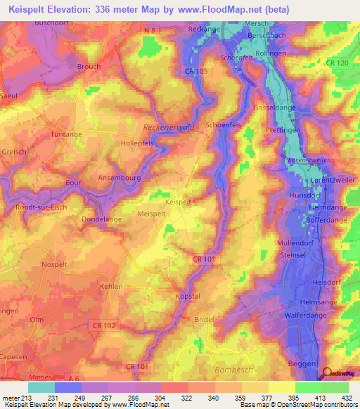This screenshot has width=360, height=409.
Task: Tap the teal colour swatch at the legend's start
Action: point(41,387)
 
